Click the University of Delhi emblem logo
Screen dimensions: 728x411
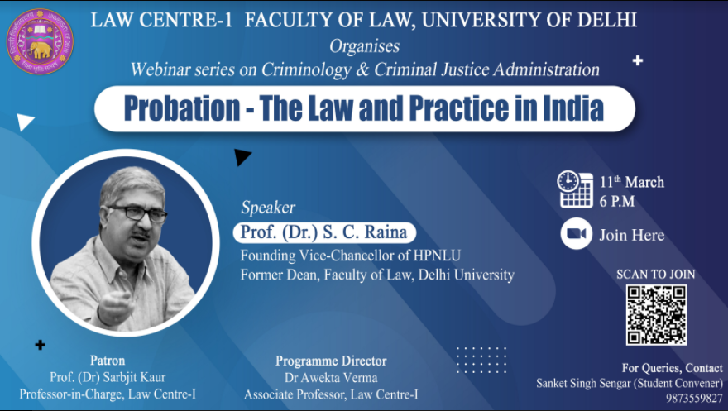[x=40, y=41]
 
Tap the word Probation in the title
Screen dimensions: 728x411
[x=182, y=108]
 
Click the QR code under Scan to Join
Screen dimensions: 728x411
[x=656, y=314]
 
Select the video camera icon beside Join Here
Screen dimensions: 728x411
[x=576, y=233]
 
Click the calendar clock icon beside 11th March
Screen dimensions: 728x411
[x=575, y=189]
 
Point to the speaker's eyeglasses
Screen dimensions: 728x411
[x=138, y=213]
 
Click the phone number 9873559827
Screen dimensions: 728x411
[x=694, y=398]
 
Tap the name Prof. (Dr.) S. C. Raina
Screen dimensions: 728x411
[x=323, y=232]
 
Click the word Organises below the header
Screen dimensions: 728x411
[x=365, y=46]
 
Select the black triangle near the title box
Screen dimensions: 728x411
[x=242, y=157]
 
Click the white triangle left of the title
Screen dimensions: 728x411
[x=25, y=122]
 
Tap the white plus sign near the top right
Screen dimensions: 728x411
[x=638, y=60]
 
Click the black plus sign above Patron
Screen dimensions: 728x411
[x=41, y=345]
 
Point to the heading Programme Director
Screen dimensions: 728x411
[x=331, y=361]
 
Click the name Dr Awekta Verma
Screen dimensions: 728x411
[x=331, y=378]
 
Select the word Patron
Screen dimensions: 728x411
[x=108, y=361]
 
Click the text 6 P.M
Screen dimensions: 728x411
[x=616, y=201]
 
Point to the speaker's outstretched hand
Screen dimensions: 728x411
[x=115, y=306]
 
